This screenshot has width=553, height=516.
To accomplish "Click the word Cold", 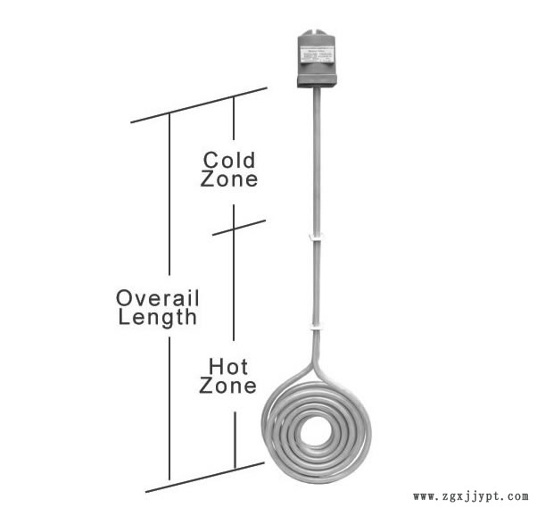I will tap(229, 160).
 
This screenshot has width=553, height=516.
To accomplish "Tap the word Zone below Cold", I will tap(229, 179).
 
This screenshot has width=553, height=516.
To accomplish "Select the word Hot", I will tap(227, 366).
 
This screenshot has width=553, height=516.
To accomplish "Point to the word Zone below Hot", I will tap(227, 386).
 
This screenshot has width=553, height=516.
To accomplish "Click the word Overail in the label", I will tap(158, 297).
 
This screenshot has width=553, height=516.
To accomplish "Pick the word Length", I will tap(158, 317).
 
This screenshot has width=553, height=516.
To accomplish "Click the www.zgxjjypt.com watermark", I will tap(471, 496).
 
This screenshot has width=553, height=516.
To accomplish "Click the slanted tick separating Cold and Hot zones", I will tap(239, 228).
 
